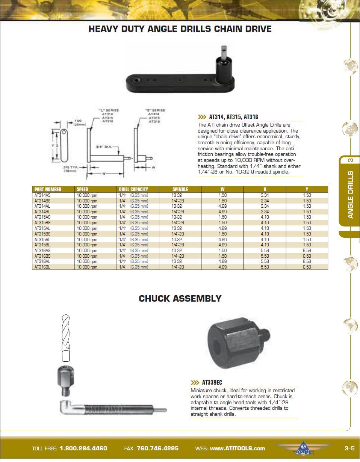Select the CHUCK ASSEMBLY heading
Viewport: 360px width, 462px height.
[180, 298]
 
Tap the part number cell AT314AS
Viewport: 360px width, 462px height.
[42, 195]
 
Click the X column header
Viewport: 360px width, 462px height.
[265, 189]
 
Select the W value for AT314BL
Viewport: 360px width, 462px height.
[222, 212]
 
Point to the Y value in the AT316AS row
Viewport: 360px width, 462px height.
[307, 251]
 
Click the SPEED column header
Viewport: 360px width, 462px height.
[82, 189]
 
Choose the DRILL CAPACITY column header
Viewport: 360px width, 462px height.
[133, 189]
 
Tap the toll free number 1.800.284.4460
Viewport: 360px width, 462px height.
[83, 448]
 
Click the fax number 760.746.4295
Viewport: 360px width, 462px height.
[157, 448]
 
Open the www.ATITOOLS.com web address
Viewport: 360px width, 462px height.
[237, 448]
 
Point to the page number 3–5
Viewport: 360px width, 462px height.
[349, 448]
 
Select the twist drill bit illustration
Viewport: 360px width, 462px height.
[65, 338]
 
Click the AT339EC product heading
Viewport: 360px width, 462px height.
[212, 382]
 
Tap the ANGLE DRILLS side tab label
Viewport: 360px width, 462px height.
[350, 195]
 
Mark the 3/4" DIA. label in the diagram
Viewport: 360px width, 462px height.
[104, 146]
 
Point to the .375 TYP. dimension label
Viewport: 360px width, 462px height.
[70, 168]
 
